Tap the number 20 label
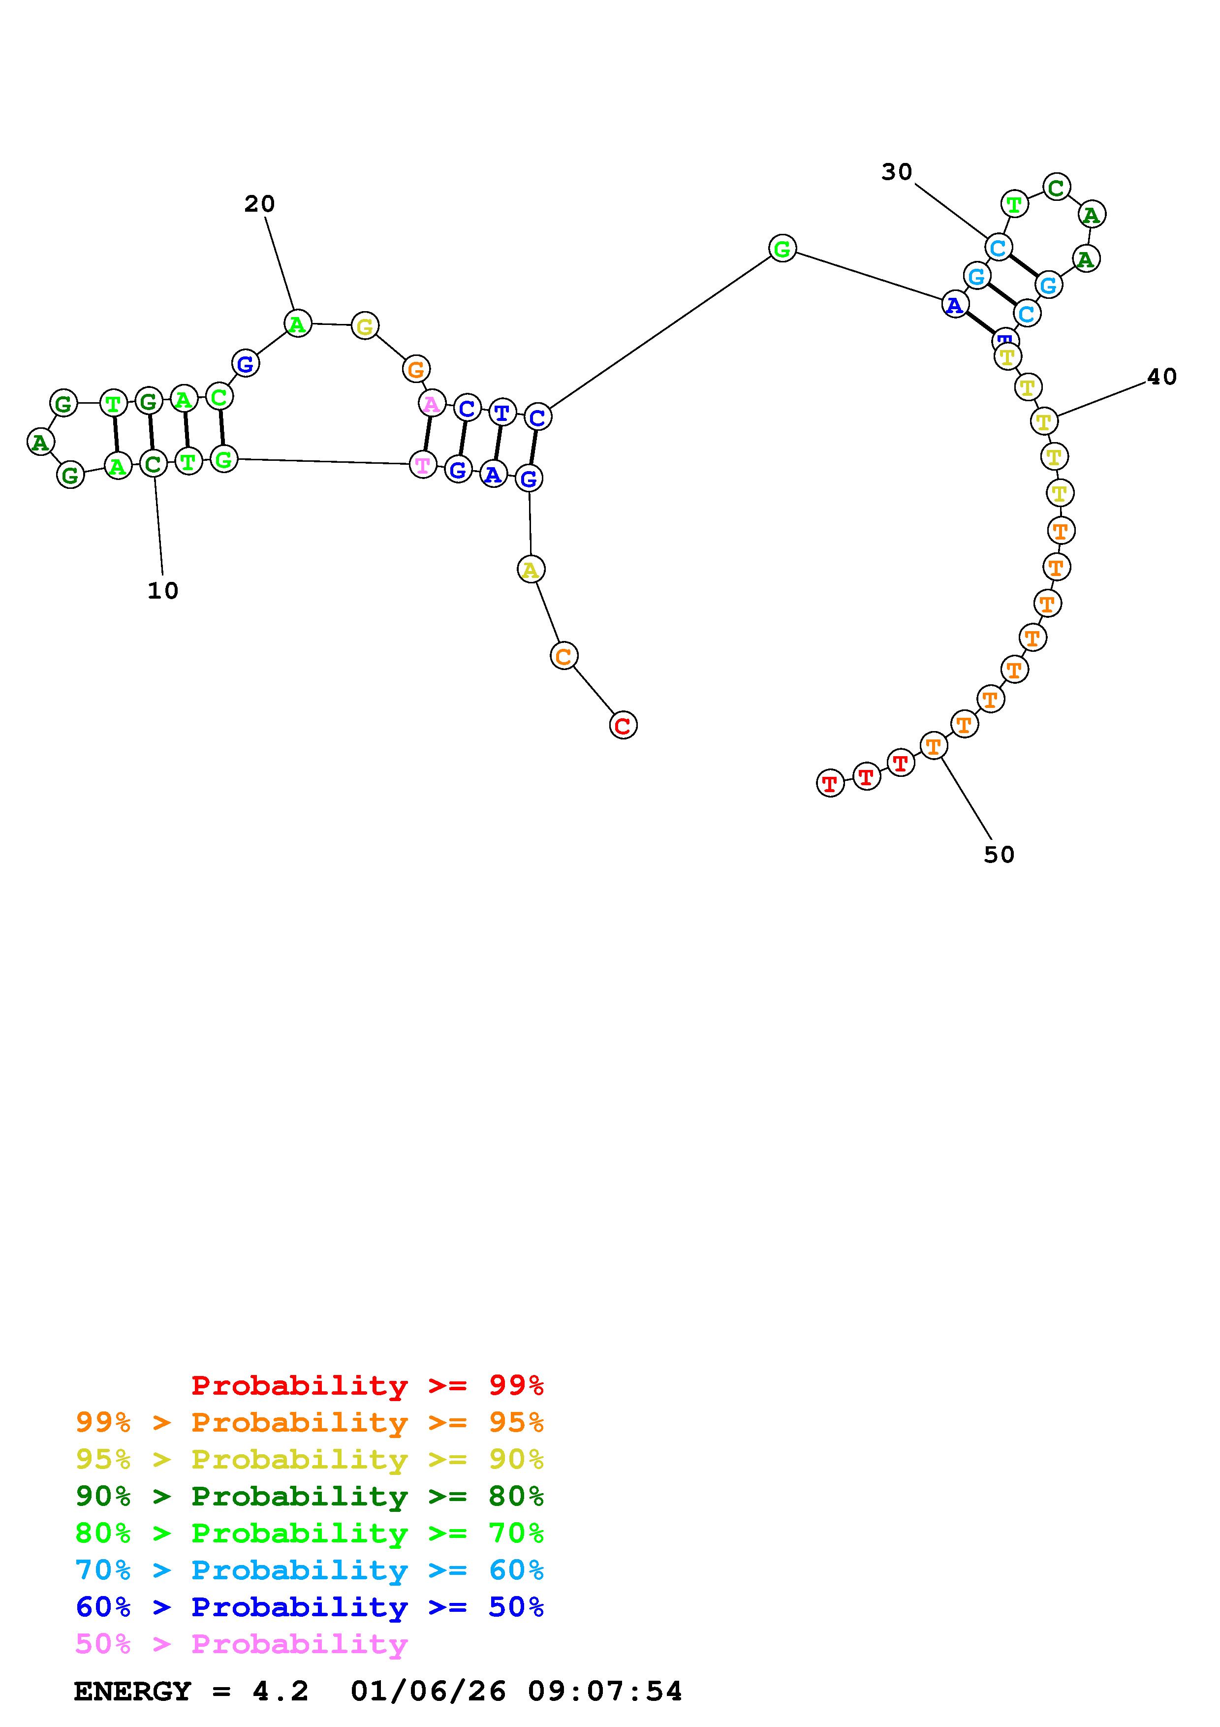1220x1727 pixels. (259, 204)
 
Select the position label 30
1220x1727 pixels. (897, 172)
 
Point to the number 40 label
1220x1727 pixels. (1161, 377)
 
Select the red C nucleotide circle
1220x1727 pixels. (623, 725)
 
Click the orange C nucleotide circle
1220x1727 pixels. (564, 656)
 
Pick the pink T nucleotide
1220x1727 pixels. (423, 465)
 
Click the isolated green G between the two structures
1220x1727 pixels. (782, 248)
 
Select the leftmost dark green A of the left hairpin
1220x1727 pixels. (40, 442)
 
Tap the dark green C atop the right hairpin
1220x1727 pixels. (1056, 187)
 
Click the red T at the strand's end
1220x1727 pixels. (830, 784)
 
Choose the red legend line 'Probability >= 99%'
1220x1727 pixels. (367, 1385)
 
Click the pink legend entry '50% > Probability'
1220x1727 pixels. (241, 1644)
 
